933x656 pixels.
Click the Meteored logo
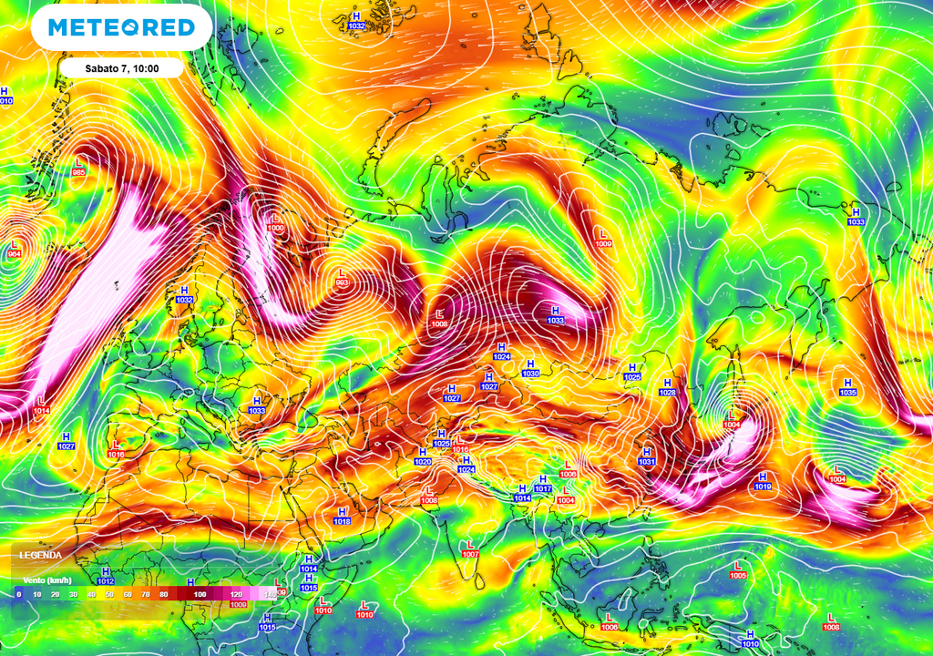[121, 27]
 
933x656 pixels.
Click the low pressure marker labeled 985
[78, 168]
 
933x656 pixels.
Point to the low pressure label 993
[343, 277]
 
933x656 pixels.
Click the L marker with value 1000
[276, 222]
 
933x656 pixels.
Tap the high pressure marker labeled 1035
[848, 387]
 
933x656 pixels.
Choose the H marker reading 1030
[530, 368]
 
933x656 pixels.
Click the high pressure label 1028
[667, 387]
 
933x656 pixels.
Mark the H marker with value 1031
[647, 456]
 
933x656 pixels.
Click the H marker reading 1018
[342, 516]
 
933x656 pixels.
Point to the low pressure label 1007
[470, 548]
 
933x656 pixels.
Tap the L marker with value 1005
[737, 570]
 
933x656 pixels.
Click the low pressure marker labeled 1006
[609, 621]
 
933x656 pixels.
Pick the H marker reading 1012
[105, 576]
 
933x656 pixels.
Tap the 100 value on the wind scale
[199, 594]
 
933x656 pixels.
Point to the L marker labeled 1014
[42, 405]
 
